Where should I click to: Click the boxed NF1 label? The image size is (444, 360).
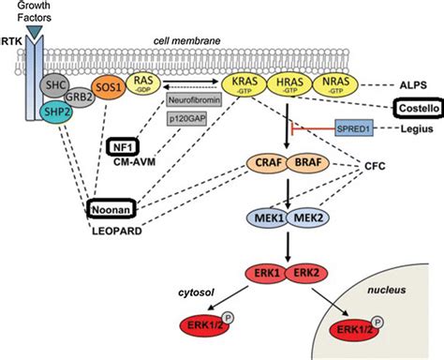tap(123, 148)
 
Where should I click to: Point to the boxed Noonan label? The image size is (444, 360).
tap(110, 211)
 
